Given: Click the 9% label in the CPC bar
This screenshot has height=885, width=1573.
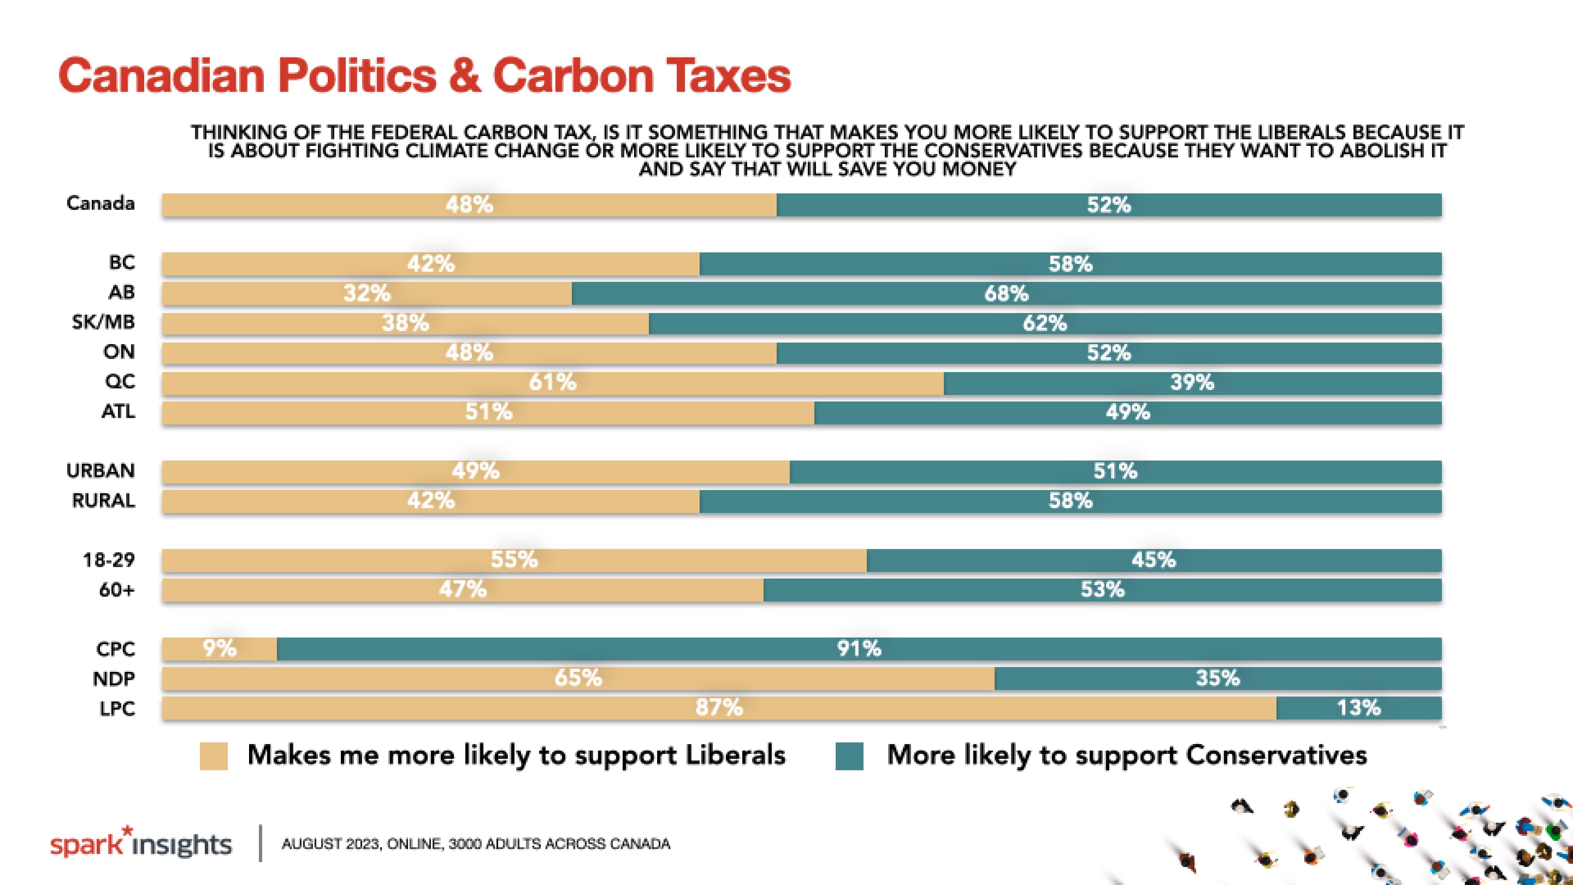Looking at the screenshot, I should (219, 648).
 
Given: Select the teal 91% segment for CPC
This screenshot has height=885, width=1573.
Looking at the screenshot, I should (859, 649).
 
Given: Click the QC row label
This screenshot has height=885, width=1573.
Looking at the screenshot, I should (120, 382).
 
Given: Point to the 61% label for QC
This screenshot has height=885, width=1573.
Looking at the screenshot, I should (552, 382).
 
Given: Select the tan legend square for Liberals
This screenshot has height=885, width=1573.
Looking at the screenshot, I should (214, 756).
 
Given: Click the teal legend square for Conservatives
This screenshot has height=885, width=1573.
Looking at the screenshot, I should (849, 756).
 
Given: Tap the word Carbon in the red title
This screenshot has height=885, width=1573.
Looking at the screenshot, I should (572, 76).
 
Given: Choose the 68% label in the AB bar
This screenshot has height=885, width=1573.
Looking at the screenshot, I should (1006, 294).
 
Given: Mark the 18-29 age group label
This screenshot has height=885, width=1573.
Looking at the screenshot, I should (109, 560).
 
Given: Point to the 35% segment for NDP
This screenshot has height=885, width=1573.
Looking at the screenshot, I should (1217, 678).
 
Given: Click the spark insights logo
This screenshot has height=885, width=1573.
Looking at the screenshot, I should (141, 844).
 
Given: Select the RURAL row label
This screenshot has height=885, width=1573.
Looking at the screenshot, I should (103, 501).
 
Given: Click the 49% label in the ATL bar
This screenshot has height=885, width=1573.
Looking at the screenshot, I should (1127, 412).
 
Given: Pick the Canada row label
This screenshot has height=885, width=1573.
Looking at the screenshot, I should (101, 203).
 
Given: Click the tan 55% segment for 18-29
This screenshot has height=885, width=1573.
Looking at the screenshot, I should (514, 560).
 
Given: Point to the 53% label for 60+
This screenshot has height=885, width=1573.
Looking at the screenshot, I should (1102, 590).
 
